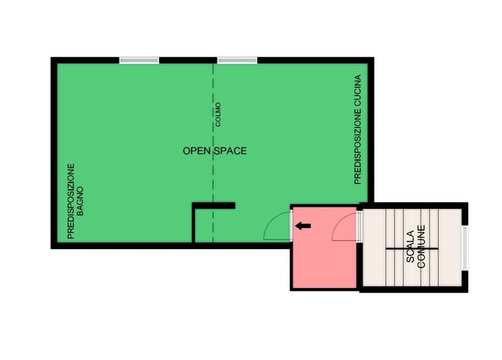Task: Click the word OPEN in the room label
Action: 197,150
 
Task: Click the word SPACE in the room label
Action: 230,150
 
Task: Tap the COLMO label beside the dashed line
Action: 218,114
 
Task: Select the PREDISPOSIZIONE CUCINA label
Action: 358,130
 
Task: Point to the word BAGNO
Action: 80,201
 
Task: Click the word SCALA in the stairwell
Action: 411,246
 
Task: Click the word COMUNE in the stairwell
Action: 421,246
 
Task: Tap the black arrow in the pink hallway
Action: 303,226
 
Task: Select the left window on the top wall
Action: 139,60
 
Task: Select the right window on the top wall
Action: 237,60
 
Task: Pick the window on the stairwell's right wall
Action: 465,247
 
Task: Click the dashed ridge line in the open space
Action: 213,153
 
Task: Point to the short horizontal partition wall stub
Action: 213,205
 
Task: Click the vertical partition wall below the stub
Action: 193,224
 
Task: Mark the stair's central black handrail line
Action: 412,248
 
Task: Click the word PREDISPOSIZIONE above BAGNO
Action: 71,201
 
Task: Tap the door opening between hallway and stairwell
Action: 359,226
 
